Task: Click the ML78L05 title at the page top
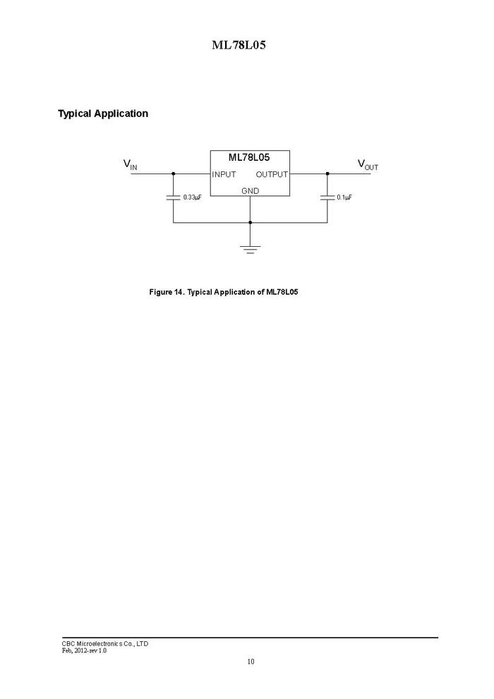[x=239, y=45]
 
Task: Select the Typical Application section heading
[x=103, y=114]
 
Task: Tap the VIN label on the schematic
[x=130, y=164]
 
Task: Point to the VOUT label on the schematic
[x=368, y=164]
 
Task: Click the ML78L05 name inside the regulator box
[x=249, y=157]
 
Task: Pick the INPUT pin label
[x=224, y=174]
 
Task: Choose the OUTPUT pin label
[x=272, y=174]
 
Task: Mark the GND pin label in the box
[x=250, y=191]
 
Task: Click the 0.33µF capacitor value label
[x=192, y=197]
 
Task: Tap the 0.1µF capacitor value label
[x=344, y=197]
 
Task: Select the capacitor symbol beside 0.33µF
[x=174, y=197]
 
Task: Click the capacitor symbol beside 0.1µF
[x=327, y=197]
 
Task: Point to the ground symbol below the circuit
[x=250, y=249]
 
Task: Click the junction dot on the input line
[x=174, y=174]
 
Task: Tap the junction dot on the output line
[x=327, y=174]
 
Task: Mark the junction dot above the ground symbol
[x=250, y=222]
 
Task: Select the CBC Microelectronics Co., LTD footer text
[x=105, y=644]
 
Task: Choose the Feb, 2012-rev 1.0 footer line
[x=84, y=650]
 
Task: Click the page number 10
[x=251, y=662]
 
